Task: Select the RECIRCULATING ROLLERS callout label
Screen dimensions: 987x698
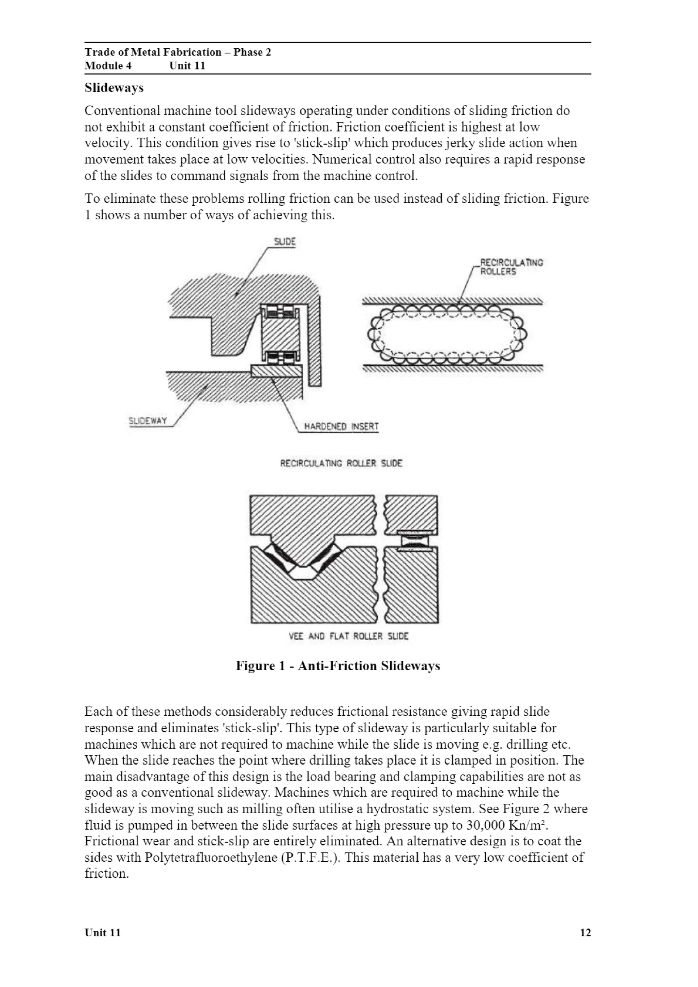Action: pos(511,267)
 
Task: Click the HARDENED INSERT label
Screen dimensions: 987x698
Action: pos(341,426)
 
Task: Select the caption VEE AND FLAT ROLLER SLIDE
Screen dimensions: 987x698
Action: pos(348,636)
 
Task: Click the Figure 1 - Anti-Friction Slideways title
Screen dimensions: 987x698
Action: pos(338,666)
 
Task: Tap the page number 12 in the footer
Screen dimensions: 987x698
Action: pos(585,933)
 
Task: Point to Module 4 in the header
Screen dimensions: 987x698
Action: pos(108,66)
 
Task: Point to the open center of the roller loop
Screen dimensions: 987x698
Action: pos(447,334)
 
